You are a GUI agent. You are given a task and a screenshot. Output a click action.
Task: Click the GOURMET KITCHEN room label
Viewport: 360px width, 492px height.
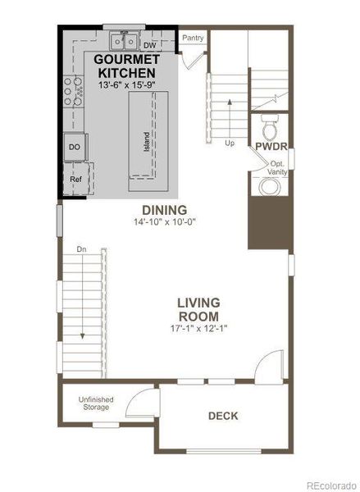click(x=125, y=66)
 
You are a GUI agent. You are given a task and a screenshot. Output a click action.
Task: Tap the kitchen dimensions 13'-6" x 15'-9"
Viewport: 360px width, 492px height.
click(x=125, y=85)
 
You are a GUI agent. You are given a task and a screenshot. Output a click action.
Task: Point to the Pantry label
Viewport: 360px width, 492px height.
click(x=193, y=38)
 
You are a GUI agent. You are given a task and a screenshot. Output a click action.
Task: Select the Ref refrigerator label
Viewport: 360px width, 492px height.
click(x=75, y=178)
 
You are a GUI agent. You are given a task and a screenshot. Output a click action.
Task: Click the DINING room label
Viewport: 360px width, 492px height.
click(x=164, y=209)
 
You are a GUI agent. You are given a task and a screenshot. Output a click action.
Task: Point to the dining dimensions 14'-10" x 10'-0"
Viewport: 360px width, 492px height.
click(x=164, y=221)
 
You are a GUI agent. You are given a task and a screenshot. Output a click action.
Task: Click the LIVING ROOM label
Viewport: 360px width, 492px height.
click(x=198, y=308)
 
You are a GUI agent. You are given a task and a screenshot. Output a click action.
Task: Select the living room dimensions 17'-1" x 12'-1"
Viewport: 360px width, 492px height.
click(x=198, y=328)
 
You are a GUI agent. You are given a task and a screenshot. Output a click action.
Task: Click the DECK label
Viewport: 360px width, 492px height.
click(x=222, y=416)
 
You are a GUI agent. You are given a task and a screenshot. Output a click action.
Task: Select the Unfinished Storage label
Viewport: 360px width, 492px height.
click(x=96, y=403)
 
